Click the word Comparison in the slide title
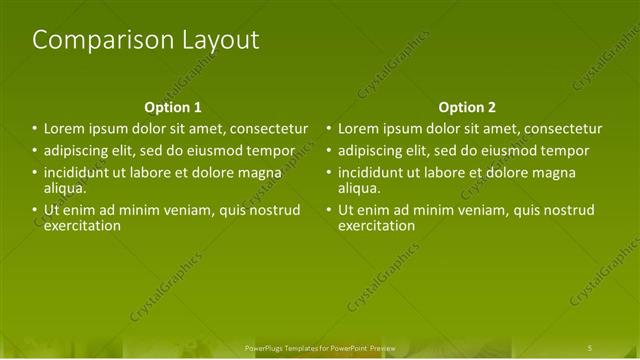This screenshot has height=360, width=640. pyautogui.click(x=87, y=40)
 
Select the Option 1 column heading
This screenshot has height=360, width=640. pyautogui.click(x=173, y=107)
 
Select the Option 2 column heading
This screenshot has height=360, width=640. pyautogui.click(x=466, y=107)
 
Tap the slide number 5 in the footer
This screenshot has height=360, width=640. pyautogui.click(x=590, y=347)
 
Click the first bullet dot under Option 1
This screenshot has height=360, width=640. pyautogui.click(x=34, y=129)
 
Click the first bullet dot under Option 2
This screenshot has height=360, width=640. pyautogui.click(x=328, y=129)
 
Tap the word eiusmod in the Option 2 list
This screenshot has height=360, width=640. pyautogui.click(x=518, y=151)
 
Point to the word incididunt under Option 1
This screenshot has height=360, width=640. pyautogui.click(x=80, y=173)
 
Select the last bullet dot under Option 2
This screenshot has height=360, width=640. pyautogui.click(x=328, y=210)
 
